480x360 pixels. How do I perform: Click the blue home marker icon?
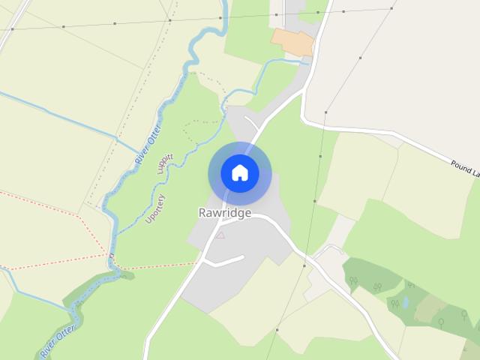pyautogui.click(x=240, y=173)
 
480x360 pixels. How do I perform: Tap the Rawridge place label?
pyautogui.click(x=225, y=212)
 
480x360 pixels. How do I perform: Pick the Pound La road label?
pyautogui.click(x=464, y=168)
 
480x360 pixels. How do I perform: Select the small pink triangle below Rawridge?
pyautogui.click(x=220, y=235)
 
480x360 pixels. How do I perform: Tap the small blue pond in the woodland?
pyautogui.click(x=405, y=303)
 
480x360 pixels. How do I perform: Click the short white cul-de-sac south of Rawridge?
pyautogui.click(x=225, y=261)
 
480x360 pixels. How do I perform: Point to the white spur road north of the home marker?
pyautogui.click(x=251, y=121)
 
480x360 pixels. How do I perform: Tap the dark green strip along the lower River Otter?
pyautogui.click(x=90, y=292)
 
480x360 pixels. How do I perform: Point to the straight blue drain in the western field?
pyautogui.click(x=60, y=116)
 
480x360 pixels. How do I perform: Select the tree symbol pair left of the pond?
pyautogui.click(x=394, y=304)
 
